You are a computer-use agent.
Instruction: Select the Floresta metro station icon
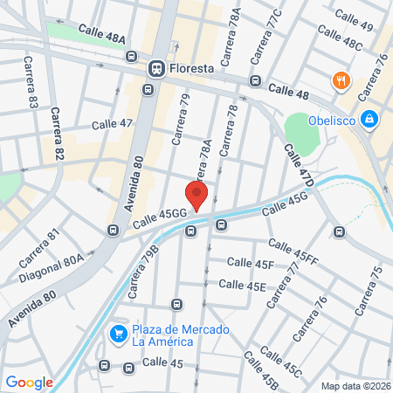pyautogui.click(x=157, y=66)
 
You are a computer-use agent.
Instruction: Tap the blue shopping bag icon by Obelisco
pyautogui.click(x=369, y=118)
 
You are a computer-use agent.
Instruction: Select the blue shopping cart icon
pyautogui.click(x=118, y=334)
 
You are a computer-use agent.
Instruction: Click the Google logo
pyautogui.click(x=30, y=382)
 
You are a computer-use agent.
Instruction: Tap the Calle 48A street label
pyautogui.click(x=102, y=34)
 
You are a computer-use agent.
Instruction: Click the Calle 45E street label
pyautogui.click(x=242, y=284)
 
